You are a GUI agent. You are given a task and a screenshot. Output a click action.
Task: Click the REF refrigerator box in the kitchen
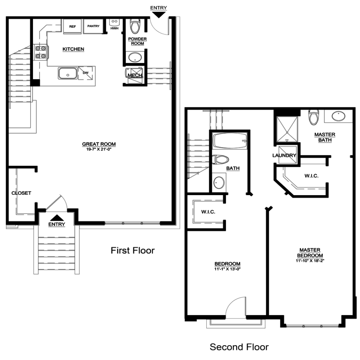72,26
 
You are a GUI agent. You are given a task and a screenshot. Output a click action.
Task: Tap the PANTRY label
93,26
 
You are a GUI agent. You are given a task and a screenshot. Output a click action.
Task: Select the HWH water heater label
114,28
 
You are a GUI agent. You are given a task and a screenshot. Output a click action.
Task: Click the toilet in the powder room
135,26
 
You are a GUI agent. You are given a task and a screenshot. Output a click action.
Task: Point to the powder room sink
135,57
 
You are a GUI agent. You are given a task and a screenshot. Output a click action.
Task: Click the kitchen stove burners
40,52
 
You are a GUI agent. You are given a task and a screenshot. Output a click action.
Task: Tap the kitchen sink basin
67,73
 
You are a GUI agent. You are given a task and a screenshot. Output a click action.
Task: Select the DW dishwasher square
86,73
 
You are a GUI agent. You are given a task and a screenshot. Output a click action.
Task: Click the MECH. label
135,75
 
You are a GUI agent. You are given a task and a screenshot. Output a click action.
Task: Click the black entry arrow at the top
159,15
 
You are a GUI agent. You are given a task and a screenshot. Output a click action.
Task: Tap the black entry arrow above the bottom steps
57,218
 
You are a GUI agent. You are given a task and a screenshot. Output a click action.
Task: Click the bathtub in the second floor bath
230,141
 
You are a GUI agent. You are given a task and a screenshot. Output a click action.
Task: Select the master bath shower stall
287,129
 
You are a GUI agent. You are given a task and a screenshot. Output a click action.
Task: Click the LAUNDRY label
284,155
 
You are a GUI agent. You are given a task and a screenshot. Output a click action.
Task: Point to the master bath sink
339,116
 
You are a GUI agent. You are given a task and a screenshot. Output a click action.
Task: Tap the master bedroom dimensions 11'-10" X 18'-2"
310,261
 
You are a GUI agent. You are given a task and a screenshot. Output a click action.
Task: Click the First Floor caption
133,250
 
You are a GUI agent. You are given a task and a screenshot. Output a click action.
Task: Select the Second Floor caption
239,347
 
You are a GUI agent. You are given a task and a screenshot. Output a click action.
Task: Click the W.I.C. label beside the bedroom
208,212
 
